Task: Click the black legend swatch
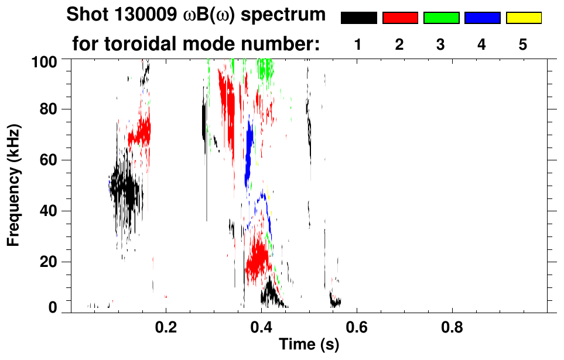click(x=358, y=18)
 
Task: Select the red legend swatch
click(x=400, y=18)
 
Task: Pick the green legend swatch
click(x=441, y=18)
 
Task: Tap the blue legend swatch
click(x=482, y=18)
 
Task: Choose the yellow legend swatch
click(x=523, y=18)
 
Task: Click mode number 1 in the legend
click(x=358, y=46)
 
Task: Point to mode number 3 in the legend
click(x=441, y=46)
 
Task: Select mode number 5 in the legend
click(x=523, y=46)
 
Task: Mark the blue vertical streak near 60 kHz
click(x=249, y=153)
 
